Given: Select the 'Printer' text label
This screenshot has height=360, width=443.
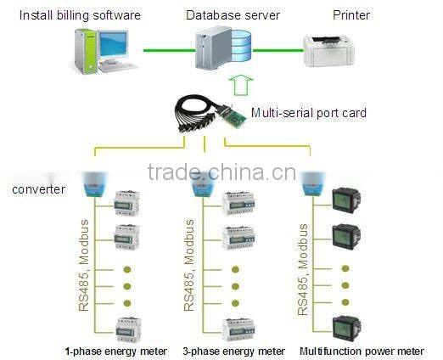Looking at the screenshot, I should [350, 14].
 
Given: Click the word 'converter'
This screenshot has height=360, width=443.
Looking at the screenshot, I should [36, 188].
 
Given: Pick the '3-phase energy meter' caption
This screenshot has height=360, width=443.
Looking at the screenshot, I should [233, 350].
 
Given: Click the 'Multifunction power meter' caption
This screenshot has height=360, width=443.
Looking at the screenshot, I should [361, 350].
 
